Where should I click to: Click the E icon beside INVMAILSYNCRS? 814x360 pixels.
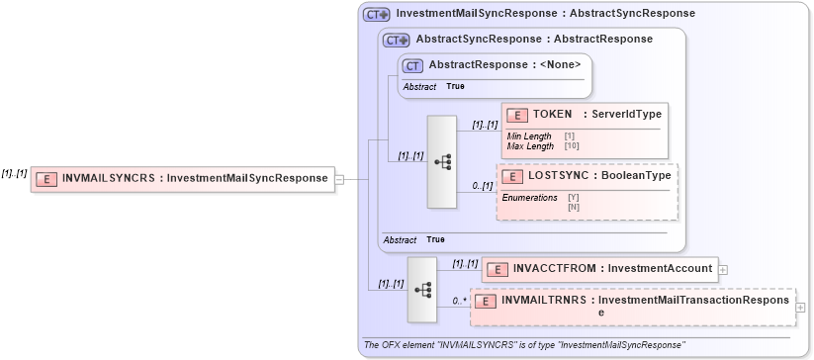46,179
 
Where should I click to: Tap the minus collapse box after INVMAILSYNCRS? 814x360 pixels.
339,179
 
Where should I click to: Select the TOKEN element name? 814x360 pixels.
553,115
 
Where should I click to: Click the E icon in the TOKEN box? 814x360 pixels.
516,116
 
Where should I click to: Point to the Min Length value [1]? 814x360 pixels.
570,135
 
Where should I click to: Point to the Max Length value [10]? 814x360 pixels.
572,145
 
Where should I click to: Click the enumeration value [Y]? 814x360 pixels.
574,197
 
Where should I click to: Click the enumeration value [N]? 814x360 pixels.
574,207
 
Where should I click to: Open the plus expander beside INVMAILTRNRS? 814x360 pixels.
800,306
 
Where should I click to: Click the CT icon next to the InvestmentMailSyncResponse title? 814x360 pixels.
376,15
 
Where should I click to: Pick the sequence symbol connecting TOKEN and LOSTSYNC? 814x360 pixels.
442,162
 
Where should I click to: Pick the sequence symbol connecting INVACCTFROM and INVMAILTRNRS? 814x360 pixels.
422,290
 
